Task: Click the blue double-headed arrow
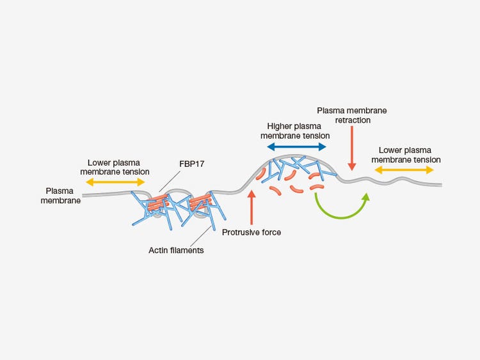[297, 147]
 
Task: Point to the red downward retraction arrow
[351, 147]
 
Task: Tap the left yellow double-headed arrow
[117, 183]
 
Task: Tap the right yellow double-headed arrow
[404, 170]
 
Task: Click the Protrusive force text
[252, 232]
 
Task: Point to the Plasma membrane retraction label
[352, 115]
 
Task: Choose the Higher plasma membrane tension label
[298, 130]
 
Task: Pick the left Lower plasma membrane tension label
[118, 167]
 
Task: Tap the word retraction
[352, 120]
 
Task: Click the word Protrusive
[241, 232]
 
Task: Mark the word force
[271, 232]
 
